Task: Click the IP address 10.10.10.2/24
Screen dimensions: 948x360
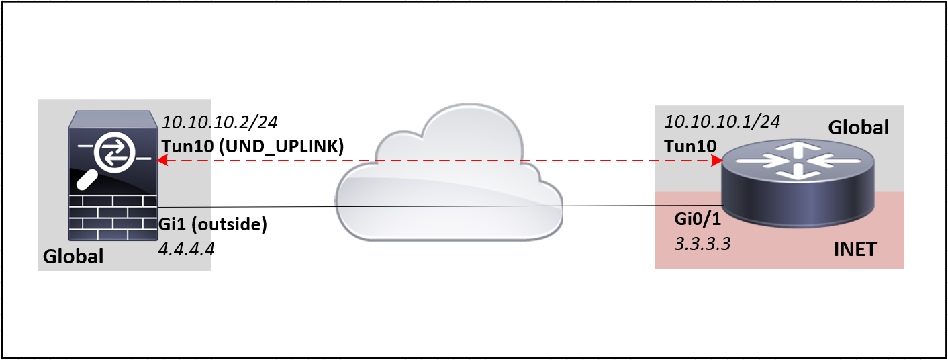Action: click(220, 122)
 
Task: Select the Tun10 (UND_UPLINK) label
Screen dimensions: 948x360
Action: click(252, 146)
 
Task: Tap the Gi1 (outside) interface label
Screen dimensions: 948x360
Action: click(212, 224)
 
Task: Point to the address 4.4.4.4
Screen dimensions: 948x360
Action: click(186, 249)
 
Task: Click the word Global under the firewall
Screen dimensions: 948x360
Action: click(73, 257)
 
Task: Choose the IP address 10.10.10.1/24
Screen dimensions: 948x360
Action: click(722, 122)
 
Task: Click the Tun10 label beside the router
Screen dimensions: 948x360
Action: click(690, 146)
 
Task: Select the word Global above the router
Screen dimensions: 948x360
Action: click(858, 128)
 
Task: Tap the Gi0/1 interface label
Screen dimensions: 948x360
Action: click(698, 218)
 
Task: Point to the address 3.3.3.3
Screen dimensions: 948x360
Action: click(702, 244)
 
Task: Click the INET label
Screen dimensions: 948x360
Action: click(855, 249)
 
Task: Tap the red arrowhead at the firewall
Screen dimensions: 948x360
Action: click(162, 160)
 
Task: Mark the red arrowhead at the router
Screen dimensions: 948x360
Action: click(716, 161)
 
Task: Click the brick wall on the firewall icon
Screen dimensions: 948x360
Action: click(113, 218)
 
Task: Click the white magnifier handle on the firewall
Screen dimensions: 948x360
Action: click(87, 181)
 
